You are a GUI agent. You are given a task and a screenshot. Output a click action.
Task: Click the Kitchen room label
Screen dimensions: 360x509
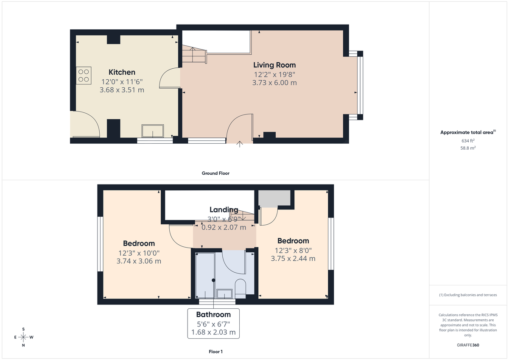tap(122, 72)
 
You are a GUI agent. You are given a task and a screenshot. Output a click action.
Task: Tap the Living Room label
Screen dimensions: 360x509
tap(274, 65)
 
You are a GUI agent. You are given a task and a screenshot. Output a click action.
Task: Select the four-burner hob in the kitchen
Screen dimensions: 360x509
tap(84, 75)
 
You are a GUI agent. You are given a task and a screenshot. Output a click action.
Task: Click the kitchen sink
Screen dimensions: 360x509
tap(153, 131)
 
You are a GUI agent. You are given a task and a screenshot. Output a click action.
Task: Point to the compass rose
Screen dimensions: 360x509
tap(23, 337)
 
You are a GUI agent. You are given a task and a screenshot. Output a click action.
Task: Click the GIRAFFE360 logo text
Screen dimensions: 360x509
tap(468, 345)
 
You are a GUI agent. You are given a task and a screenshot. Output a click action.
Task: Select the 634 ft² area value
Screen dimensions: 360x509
tap(468, 140)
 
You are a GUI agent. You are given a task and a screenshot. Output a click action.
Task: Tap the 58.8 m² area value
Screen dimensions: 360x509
tap(468, 148)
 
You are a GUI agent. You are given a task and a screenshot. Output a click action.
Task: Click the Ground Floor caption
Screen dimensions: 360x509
tap(215, 173)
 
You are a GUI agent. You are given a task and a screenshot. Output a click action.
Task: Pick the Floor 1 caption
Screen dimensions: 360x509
tap(215, 352)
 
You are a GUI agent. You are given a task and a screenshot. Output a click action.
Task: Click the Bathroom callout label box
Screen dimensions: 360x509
tap(213, 324)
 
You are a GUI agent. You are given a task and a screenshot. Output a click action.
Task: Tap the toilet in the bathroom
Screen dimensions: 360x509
tap(240, 287)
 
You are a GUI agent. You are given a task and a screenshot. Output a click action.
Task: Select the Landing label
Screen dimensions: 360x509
tap(224, 209)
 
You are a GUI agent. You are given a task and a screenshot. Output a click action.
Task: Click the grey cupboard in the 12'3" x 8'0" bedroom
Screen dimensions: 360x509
tap(274, 198)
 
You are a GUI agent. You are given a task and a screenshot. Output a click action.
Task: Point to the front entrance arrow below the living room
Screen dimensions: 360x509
tap(240, 145)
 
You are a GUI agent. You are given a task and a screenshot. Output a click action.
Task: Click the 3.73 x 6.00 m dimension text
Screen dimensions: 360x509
tap(274, 83)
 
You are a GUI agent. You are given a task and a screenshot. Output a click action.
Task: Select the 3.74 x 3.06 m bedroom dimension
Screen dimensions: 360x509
tap(139, 261)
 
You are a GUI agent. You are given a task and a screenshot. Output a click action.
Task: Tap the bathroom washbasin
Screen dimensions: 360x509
tap(224, 293)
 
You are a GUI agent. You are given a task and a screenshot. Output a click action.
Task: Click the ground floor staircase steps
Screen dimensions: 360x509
tap(194, 54)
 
